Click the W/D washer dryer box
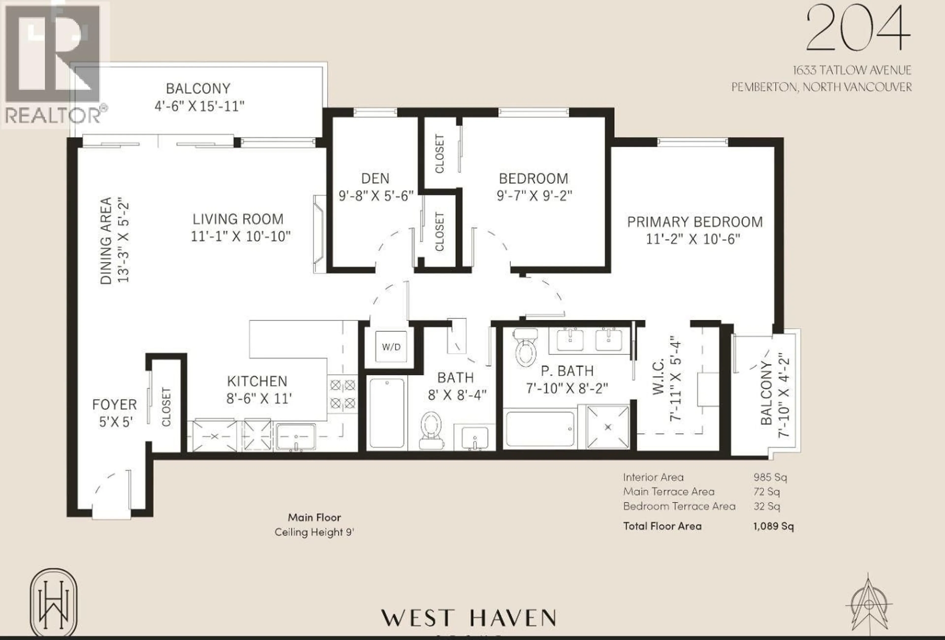(391, 347)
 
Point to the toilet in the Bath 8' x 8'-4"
(431, 430)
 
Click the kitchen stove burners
(343, 394)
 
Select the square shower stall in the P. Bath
(608, 427)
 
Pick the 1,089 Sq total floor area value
(773, 526)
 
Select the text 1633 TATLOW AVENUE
(852, 70)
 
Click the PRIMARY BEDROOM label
(694, 222)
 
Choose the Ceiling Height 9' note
(314, 532)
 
